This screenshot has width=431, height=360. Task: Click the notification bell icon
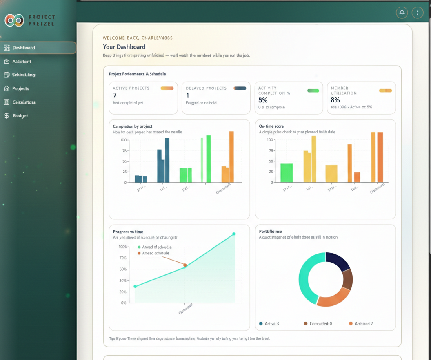coord(402,13)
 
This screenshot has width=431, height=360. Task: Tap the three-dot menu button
coord(417,13)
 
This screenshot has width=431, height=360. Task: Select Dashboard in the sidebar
coord(24,48)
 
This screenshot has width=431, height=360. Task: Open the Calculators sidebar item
coord(24,102)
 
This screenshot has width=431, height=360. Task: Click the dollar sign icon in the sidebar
coord(7,115)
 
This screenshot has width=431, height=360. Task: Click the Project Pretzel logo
coord(14,20)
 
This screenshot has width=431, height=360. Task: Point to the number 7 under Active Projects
coord(115,95)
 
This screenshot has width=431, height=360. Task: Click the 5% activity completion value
coord(263,100)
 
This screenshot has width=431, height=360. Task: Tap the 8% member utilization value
coord(335,100)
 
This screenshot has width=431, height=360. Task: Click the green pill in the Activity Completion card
coord(313,91)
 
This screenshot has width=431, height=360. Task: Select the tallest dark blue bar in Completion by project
coord(167,160)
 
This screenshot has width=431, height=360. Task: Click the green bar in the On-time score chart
coord(287,173)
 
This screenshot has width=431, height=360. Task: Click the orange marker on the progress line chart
coord(185,265)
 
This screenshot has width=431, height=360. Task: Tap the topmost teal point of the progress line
coord(234,234)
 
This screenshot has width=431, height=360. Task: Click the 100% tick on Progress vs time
coord(122,247)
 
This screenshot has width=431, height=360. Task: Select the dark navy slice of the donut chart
coord(338,261)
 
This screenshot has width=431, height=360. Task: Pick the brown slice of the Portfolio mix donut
coord(347,279)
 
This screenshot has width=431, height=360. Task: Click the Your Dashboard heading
coord(124,47)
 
